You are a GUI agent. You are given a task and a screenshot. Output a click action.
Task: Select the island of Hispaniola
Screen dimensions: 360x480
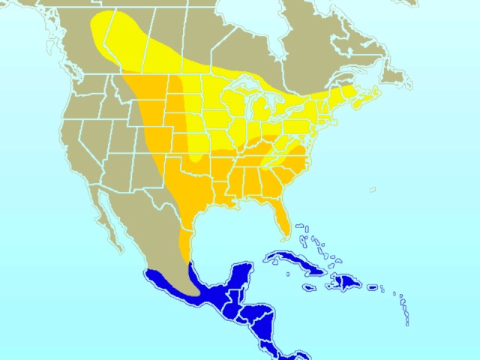(x=346, y=282)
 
